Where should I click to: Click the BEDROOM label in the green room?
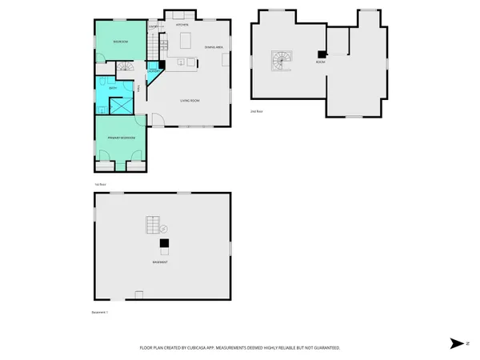coord(121,41)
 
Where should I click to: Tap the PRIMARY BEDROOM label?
coord(122,138)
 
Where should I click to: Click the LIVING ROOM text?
coord(190,101)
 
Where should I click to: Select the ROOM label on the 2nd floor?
coord(320,62)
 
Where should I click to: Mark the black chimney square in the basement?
coord(164,243)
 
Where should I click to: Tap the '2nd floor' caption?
coord(257,111)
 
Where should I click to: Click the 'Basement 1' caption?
coord(100,313)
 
